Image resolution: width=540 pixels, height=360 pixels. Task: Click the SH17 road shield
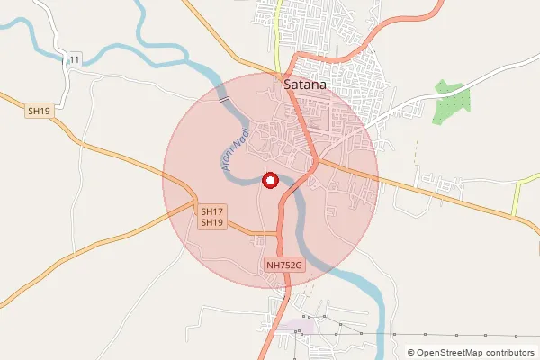211,211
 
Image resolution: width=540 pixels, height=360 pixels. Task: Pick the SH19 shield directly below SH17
211,222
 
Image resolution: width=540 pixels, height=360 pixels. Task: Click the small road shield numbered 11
73,59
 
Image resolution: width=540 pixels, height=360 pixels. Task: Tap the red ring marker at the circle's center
269,180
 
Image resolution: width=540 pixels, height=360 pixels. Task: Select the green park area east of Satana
447,101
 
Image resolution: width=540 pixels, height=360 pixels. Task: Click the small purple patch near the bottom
297,328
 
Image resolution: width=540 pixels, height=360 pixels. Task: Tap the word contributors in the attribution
509,353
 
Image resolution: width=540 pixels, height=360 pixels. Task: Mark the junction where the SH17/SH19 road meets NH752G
279,236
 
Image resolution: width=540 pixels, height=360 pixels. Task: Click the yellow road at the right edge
522,202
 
